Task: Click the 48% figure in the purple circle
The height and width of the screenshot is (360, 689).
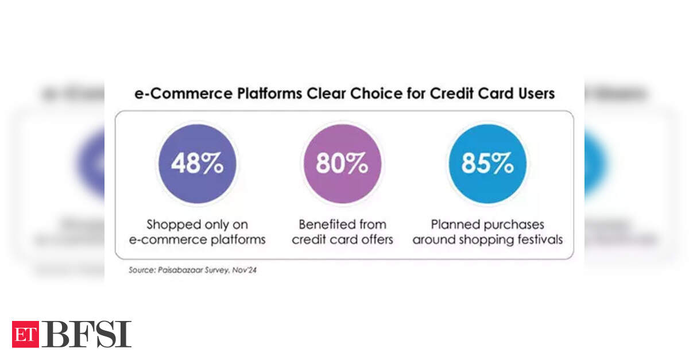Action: point(197,164)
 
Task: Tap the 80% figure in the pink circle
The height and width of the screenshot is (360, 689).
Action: point(342,164)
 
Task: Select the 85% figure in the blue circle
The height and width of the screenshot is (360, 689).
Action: point(487,164)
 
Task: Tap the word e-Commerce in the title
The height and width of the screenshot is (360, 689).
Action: point(183,94)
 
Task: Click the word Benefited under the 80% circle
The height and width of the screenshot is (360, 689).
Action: point(324,224)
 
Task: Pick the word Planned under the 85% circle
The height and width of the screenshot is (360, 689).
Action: point(454,224)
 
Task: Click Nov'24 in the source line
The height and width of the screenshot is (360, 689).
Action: point(244,270)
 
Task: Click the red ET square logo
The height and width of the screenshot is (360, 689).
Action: point(25,334)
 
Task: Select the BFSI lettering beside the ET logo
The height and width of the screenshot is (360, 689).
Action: point(87,334)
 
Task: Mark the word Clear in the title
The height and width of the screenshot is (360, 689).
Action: point(326,94)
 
